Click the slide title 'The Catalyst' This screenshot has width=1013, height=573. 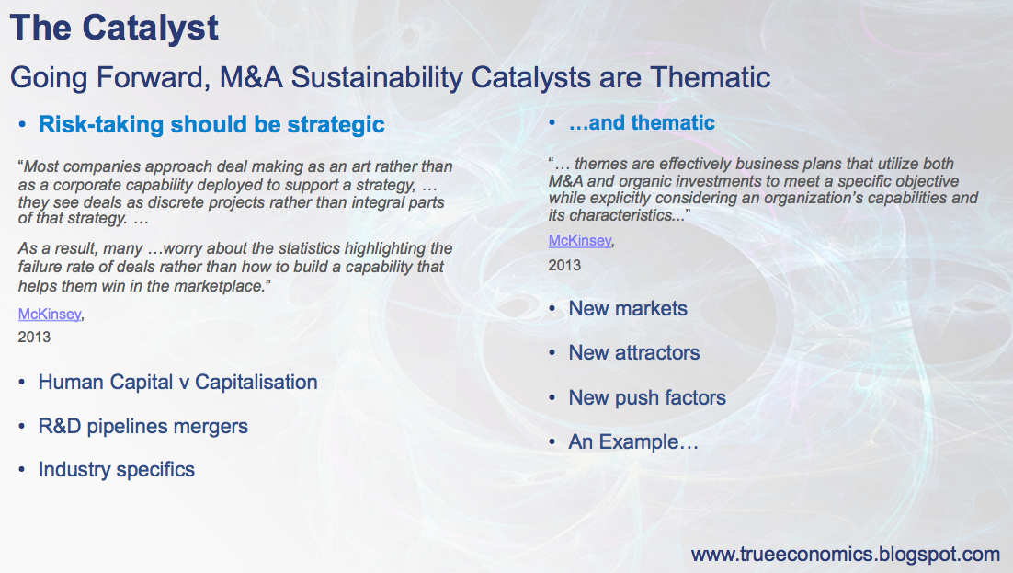point(114,29)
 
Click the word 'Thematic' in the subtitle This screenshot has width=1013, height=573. point(710,77)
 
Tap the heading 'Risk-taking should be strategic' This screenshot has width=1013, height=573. point(211,124)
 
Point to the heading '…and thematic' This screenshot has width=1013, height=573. point(642,122)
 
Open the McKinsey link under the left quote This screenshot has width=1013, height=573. point(50,314)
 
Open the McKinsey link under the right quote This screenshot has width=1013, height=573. point(579,241)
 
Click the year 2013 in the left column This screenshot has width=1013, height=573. point(34,337)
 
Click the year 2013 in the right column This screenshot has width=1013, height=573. point(564,265)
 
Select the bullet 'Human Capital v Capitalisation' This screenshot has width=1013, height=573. point(177,383)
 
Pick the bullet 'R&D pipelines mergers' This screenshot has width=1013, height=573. point(142,426)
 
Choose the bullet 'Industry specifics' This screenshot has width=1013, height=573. point(117,469)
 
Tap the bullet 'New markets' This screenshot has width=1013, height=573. point(628,308)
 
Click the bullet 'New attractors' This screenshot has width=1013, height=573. point(633,352)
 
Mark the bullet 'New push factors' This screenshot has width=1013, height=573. point(647,397)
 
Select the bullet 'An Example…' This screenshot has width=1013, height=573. point(633,441)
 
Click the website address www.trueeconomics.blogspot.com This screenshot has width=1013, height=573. point(846,555)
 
